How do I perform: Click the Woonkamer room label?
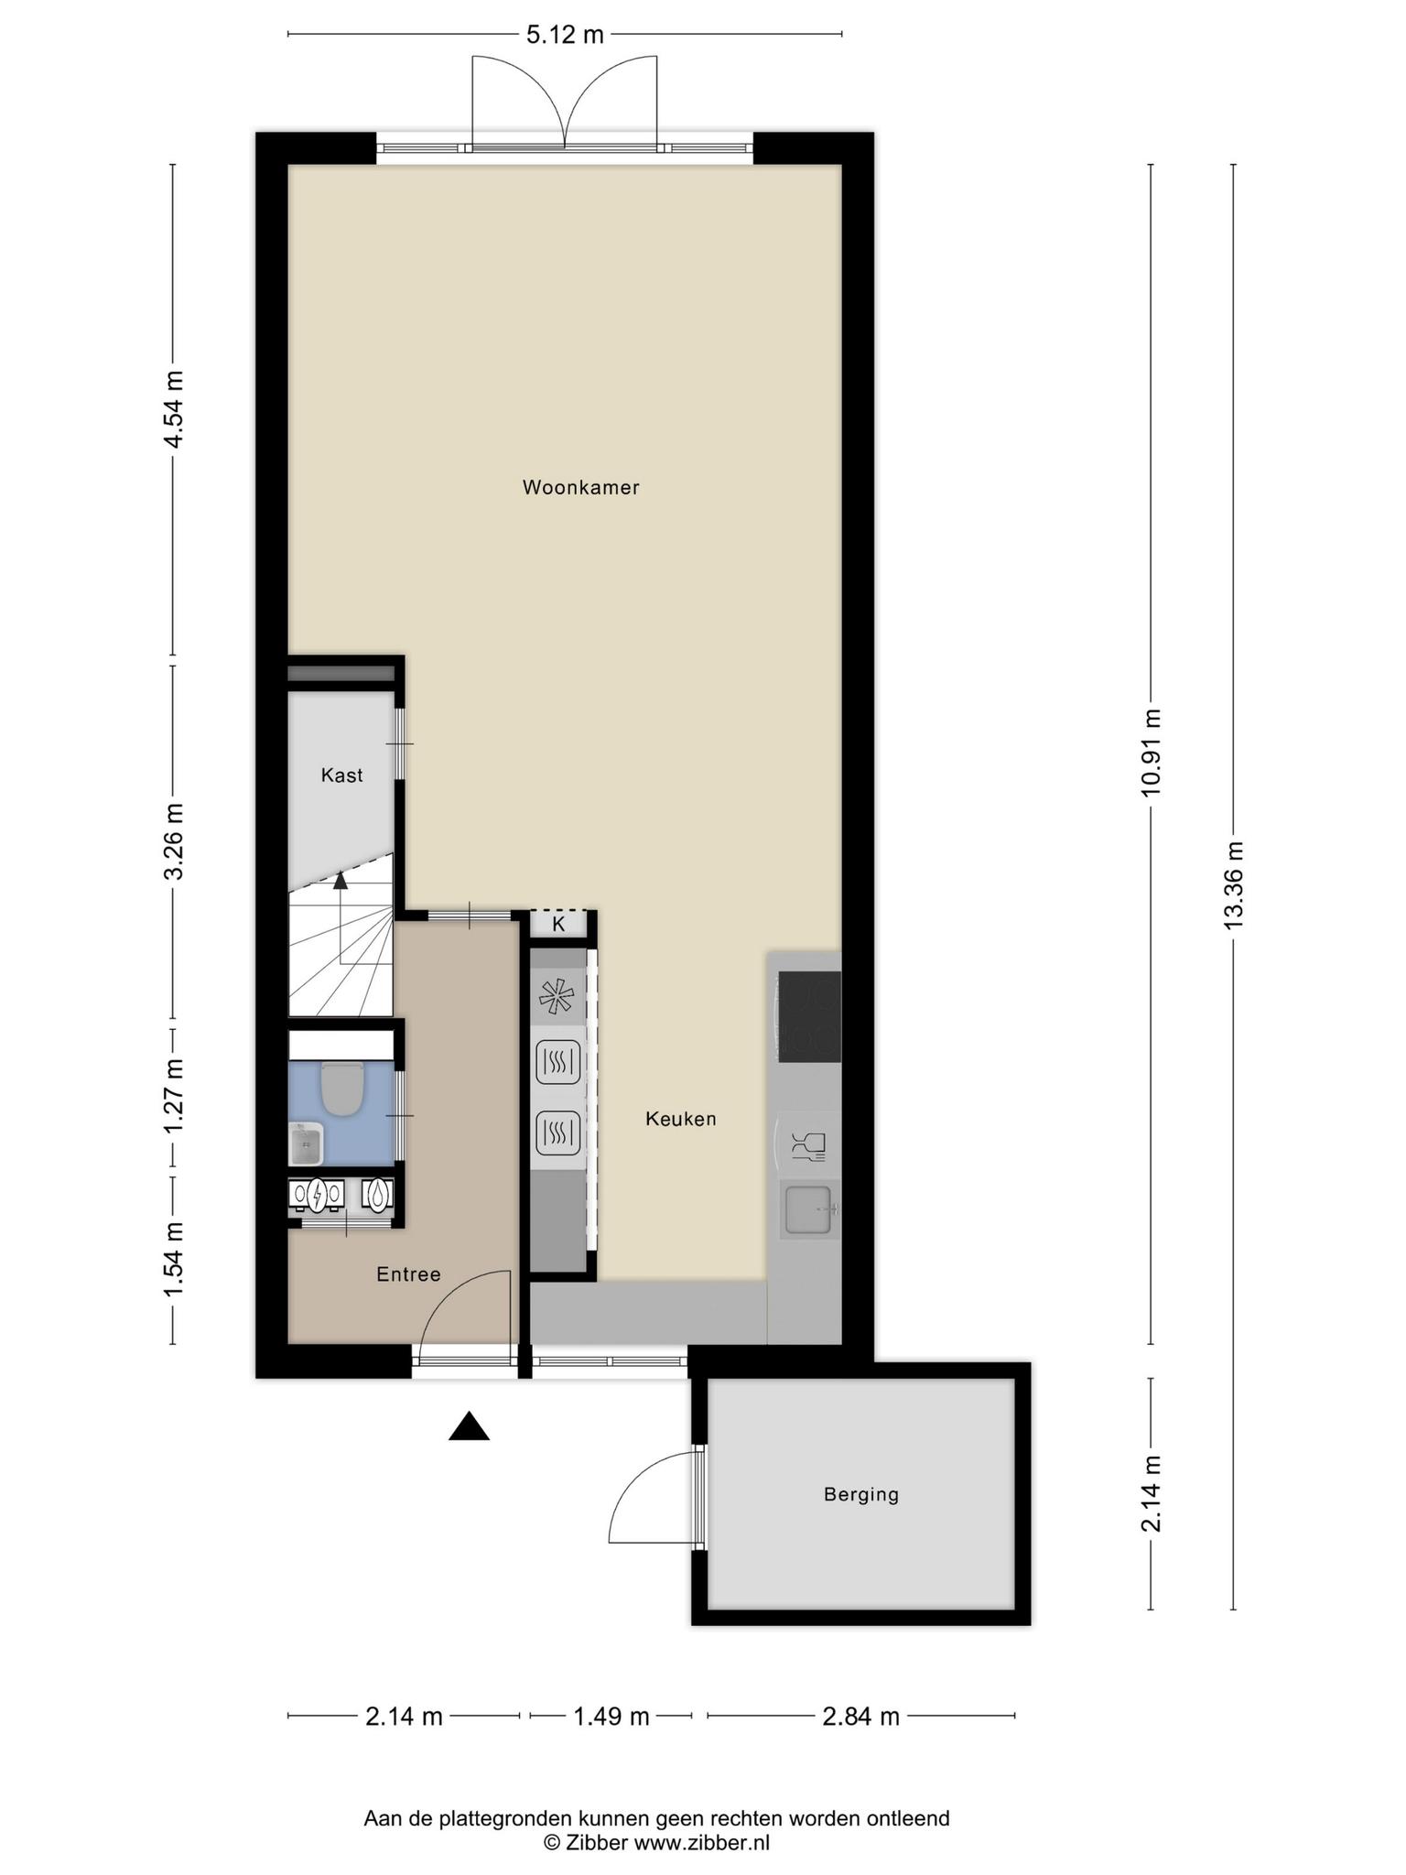point(580,487)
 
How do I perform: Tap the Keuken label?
point(680,1118)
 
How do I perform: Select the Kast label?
point(341,775)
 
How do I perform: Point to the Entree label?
point(408,1273)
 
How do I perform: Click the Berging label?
point(861,1494)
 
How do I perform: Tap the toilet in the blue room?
point(343,1087)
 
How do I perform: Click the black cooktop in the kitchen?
point(808,1016)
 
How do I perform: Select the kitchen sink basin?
point(807,1208)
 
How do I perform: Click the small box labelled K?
point(558,924)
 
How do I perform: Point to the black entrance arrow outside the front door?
point(469,1426)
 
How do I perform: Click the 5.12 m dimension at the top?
point(565,35)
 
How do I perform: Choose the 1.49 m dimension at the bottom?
point(611,1716)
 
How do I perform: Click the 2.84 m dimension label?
point(860,1716)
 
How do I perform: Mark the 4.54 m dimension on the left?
point(173,408)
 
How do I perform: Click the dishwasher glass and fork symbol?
point(808,1144)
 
